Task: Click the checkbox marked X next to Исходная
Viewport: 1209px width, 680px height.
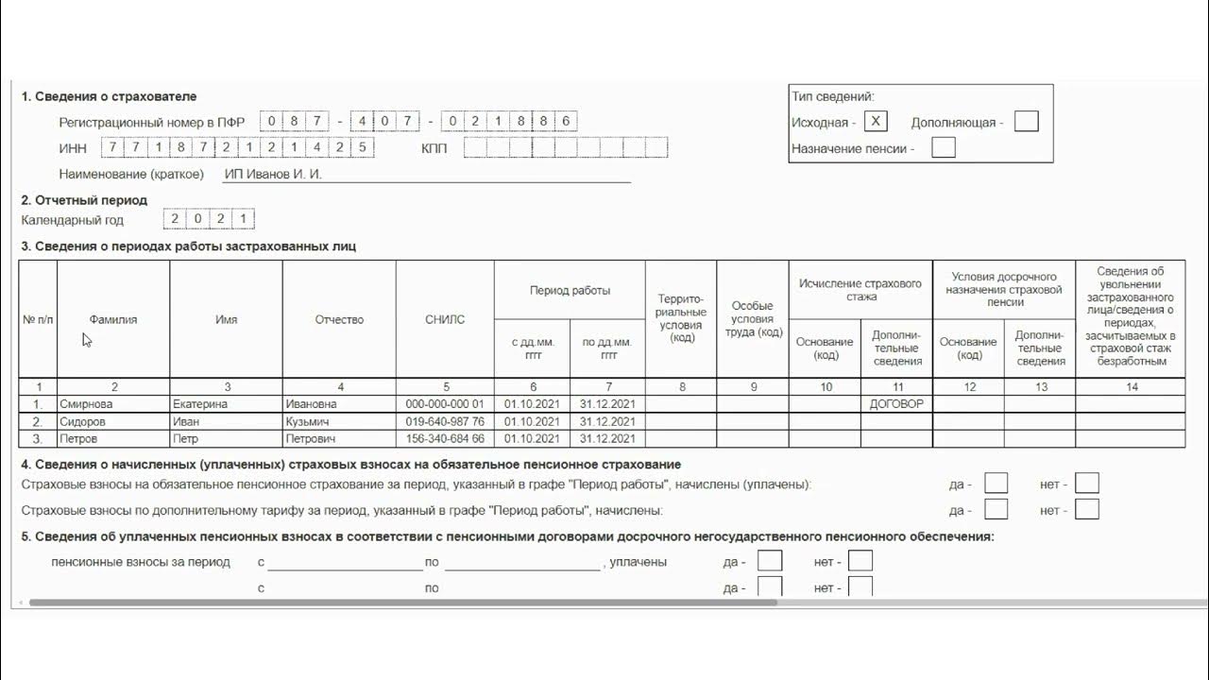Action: pyautogui.click(x=876, y=121)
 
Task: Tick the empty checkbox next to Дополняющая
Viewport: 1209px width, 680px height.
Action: pyautogui.click(x=1026, y=121)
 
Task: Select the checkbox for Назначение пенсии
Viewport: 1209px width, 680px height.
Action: pyautogui.click(x=943, y=147)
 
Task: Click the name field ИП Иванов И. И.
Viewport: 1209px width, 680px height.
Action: pyautogui.click(x=425, y=174)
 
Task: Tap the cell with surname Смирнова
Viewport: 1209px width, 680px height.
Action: pyautogui.click(x=113, y=404)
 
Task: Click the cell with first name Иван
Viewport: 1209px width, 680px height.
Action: pyautogui.click(x=226, y=421)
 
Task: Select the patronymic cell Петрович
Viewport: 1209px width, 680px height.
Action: pyautogui.click(x=339, y=439)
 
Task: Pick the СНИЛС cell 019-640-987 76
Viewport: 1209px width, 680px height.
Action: pyautogui.click(x=445, y=421)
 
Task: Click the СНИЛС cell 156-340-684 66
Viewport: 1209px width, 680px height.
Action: pyautogui.click(x=445, y=439)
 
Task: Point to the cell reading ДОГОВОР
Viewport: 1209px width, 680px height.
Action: pyautogui.click(x=896, y=404)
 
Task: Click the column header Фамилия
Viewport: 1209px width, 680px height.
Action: pyautogui.click(x=113, y=319)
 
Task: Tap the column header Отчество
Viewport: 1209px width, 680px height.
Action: pyautogui.click(x=339, y=319)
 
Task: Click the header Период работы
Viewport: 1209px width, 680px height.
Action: pyautogui.click(x=570, y=290)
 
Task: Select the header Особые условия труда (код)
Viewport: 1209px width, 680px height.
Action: pyautogui.click(x=753, y=319)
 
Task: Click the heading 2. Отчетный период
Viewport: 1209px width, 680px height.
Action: pyautogui.click(x=84, y=200)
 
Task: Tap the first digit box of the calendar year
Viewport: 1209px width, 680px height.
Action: pyautogui.click(x=175, y=219)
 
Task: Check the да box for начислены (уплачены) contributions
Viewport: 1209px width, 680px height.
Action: pyautogui.click(x=996, y=484)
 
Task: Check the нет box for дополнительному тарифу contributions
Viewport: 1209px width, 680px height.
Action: pyautogui.click(x=1086, y=510)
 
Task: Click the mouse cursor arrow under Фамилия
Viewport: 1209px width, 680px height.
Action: pyautogui.click(x=86, y=339)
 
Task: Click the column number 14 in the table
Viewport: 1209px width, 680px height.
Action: pyautogui.click(x=1132, y=387)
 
